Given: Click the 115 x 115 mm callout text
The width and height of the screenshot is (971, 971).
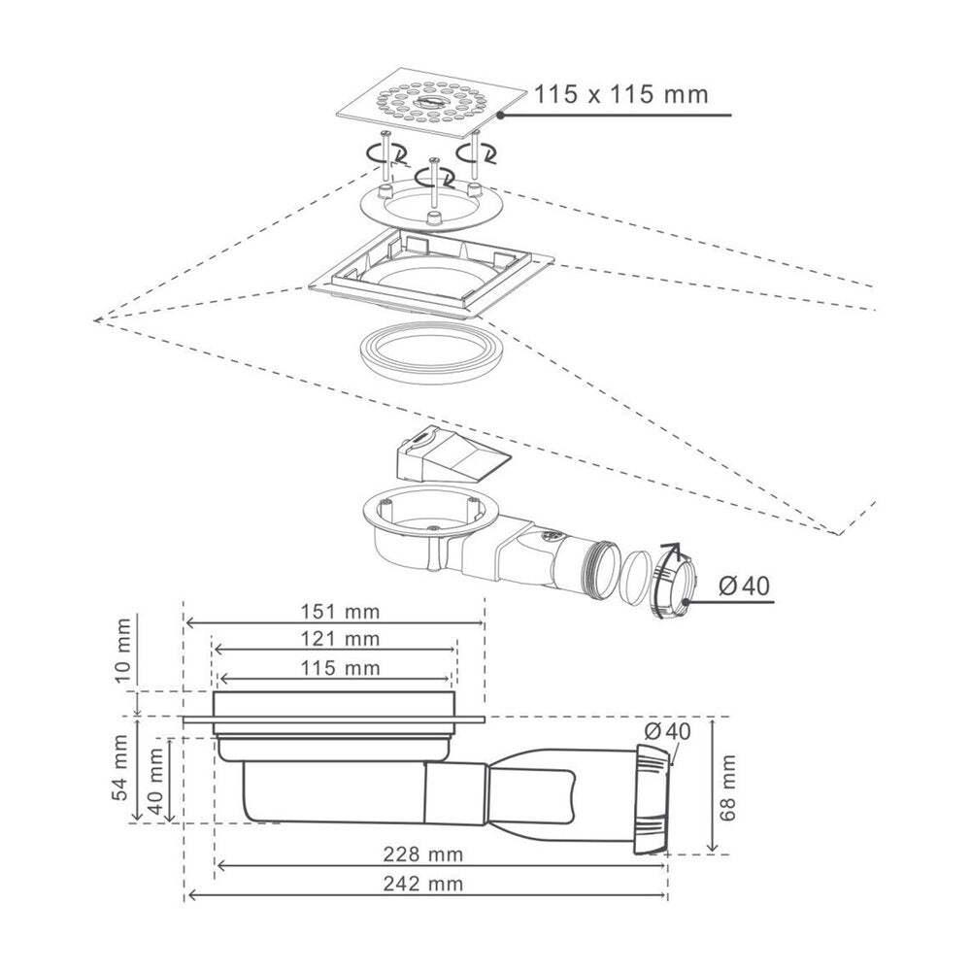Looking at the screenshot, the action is (620, 95).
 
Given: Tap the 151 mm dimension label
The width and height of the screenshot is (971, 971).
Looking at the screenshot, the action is (340, 612).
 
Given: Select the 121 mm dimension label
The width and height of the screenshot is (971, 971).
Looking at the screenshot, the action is (340, 639).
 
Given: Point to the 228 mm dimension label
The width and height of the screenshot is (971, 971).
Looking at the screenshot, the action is (423, 854).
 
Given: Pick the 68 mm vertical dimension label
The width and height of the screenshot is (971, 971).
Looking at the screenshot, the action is (728, 787).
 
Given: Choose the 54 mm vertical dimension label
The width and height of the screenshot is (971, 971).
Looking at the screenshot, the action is (121, 768).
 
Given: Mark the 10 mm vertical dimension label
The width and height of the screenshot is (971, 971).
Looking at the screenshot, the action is (124, 651).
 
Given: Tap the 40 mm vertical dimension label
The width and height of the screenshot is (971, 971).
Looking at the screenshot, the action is (156, 779).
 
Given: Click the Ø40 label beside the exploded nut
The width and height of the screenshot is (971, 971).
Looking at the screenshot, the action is (745, 586).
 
